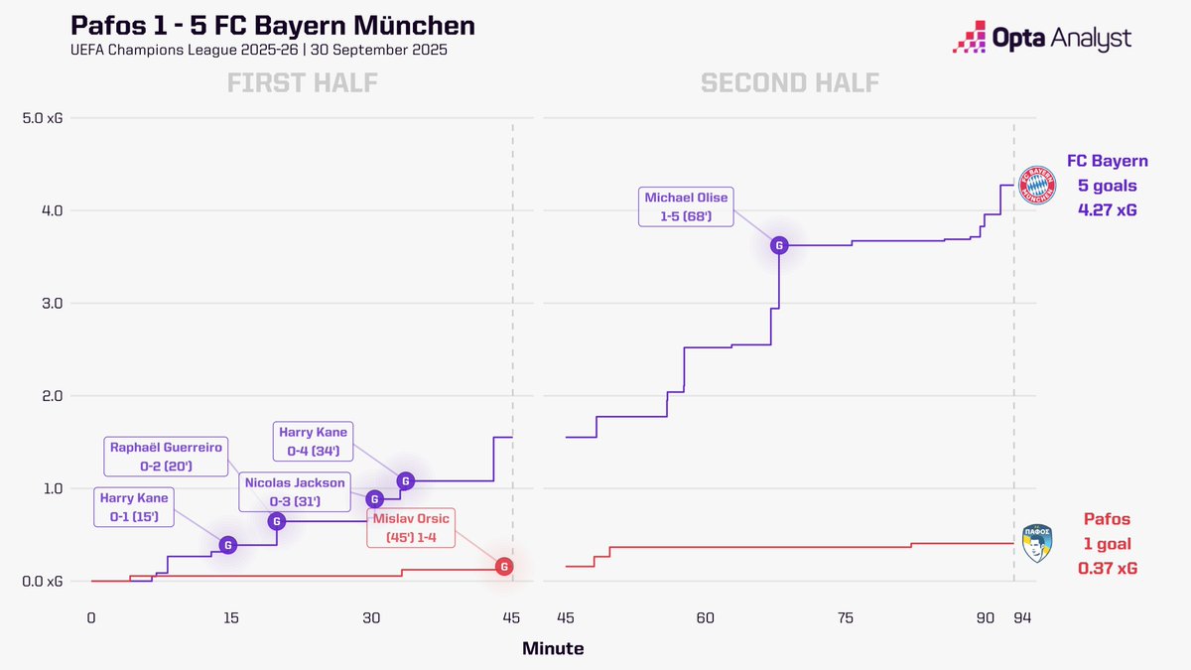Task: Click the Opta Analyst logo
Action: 1040,39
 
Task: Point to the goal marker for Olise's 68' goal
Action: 779,245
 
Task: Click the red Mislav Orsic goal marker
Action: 504,566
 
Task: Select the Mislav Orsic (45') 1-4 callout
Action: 411,528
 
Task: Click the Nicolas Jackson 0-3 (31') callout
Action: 294,492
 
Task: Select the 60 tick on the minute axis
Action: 706,617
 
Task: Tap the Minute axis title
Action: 553,649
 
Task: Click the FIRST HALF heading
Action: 303,82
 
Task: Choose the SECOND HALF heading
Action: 790,82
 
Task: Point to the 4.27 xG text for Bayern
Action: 1108,208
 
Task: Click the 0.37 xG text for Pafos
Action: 1108,568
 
